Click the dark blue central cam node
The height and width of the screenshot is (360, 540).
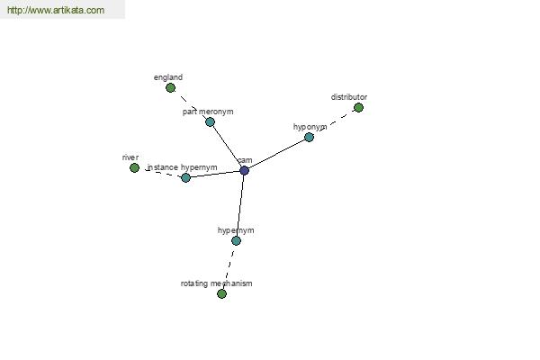point(244,170)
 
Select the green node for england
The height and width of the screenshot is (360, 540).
point(170,88)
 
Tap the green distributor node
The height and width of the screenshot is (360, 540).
point(358,108)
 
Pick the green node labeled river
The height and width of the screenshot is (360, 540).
point(135,167)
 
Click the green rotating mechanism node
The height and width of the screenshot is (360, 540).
point(221,294)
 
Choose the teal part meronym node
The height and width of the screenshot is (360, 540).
point(210,122)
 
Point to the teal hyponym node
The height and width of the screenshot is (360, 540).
point(310,137)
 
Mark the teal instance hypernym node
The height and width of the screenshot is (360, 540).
point(185,178)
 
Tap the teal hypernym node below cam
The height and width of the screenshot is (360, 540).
point(236,240)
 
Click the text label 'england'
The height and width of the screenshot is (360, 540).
point(168,77)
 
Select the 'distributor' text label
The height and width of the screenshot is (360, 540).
point(349,97)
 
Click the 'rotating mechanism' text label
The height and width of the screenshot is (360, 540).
point(216,283)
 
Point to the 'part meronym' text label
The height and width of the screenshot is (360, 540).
point(208,112)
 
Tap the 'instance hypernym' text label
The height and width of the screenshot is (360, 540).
point(182,167)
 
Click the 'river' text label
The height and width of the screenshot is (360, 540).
point(130,157)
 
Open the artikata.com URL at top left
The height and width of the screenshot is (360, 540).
point(56,10)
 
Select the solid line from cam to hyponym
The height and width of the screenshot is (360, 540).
point(276,154)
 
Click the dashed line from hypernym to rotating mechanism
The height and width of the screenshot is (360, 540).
point(229,267)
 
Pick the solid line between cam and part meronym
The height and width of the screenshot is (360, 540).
point(228,146)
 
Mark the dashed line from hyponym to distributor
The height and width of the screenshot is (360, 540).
point(334,122)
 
